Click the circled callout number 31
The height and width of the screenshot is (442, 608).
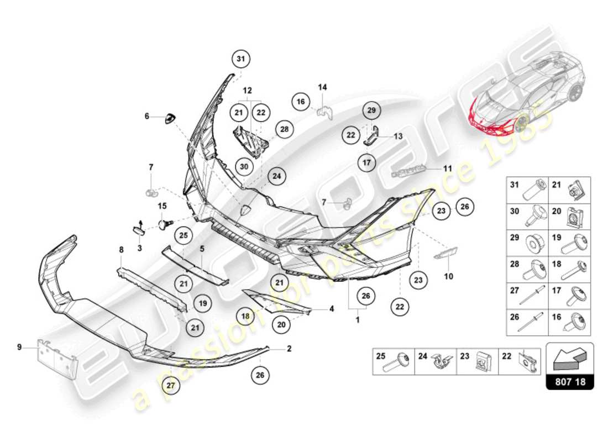coord(240,58)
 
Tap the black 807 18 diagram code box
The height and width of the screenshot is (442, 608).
coord(569,381)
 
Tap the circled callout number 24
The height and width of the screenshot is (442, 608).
coord(276,177)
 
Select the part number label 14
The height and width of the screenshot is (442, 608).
coord(322,87)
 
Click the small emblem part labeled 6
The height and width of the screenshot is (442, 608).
coord(170,118)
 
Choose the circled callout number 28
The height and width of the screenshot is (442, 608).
coord(284,129)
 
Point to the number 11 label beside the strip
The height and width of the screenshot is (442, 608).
coord(448,167)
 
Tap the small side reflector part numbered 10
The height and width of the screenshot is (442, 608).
coord(443,254)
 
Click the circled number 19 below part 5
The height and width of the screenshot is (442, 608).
coord(202,303)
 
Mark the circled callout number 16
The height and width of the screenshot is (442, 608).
coord(300,102)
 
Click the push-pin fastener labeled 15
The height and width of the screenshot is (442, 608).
coord(164,224)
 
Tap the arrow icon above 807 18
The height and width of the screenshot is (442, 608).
coord(569,359)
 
